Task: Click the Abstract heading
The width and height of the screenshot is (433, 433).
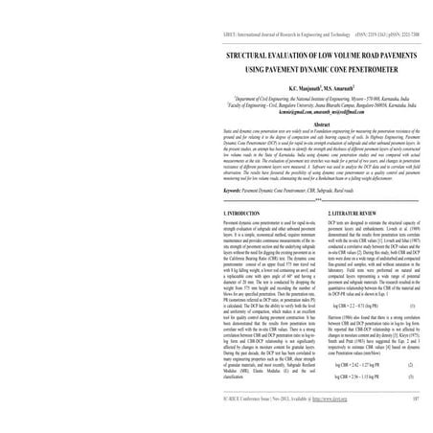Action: click(x=216, y=124)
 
